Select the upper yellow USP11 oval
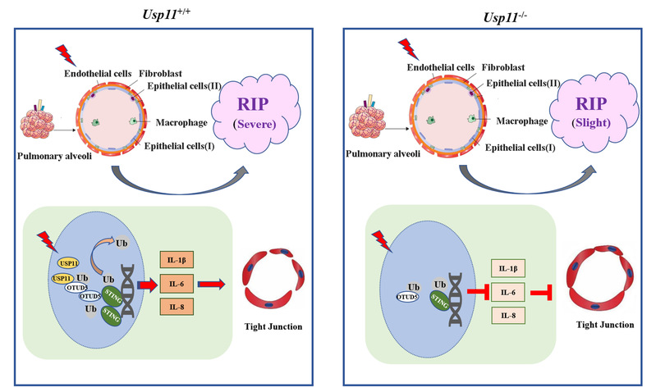pos(70,262)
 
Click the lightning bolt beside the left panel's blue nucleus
pos(50,242)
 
